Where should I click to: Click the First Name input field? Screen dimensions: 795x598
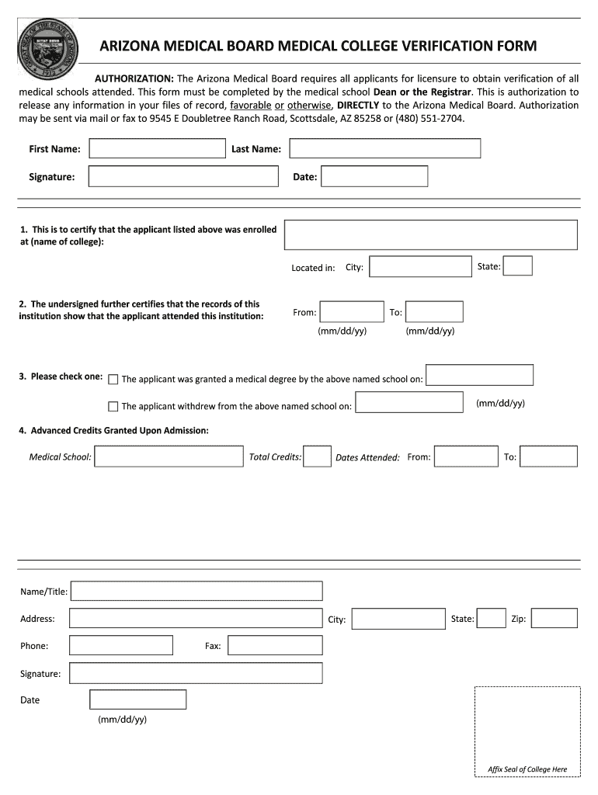156,148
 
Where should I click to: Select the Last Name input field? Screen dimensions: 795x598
384,148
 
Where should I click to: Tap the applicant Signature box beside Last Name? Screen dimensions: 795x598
183,176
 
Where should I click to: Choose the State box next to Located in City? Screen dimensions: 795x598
518,266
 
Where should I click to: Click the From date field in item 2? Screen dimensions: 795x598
352,312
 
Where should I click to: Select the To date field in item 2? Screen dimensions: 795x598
434,312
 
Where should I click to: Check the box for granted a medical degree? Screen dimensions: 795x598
113,380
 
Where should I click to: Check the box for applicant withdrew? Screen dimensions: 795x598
113,406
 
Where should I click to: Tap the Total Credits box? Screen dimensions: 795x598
317,457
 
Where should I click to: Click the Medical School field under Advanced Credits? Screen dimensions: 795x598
169,457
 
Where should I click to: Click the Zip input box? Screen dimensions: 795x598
554,618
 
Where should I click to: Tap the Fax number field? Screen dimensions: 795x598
275,645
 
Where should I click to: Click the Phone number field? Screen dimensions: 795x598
121,645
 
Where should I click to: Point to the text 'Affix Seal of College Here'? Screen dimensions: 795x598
527,769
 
